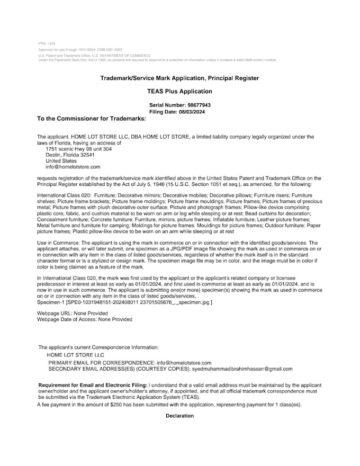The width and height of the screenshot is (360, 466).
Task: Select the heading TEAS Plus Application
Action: coord(179,91)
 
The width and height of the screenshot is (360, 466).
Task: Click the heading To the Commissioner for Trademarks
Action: coord(91,118)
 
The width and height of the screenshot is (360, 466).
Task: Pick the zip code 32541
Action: coord(85,155)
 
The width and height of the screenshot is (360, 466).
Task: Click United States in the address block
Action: coord(61,161)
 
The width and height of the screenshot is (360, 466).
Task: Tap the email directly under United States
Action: coord(73,167)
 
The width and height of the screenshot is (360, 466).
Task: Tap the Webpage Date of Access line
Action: coord(85,319)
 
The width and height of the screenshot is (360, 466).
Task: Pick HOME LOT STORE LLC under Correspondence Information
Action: coord(75,355)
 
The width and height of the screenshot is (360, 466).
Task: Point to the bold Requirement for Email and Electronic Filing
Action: coord(93,384)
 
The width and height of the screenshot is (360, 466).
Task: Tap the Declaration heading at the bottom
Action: coord(179,416)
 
